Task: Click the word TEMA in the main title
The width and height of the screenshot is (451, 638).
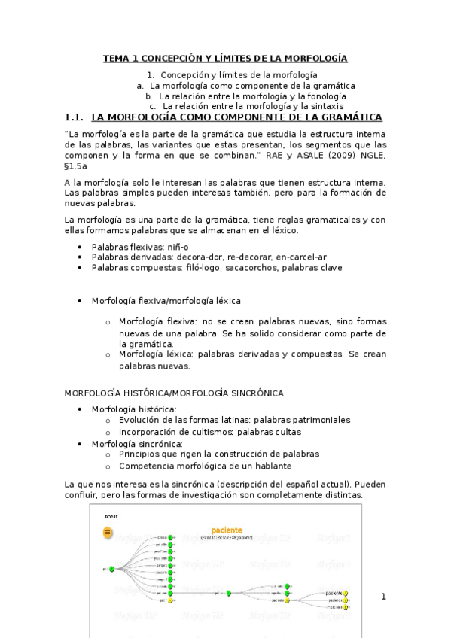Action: point(116,58)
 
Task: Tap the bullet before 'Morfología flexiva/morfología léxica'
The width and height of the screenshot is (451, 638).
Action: point(81,300)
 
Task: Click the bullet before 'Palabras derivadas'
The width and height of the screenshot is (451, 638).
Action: point(81,257)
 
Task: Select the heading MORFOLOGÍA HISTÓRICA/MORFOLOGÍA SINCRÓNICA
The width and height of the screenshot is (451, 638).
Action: point(174,393)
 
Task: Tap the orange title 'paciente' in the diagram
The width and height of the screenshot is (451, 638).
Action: point(227,530)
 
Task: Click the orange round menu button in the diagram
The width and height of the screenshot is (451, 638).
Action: point(108,533)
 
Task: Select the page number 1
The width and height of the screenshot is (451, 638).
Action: point(383,597)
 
